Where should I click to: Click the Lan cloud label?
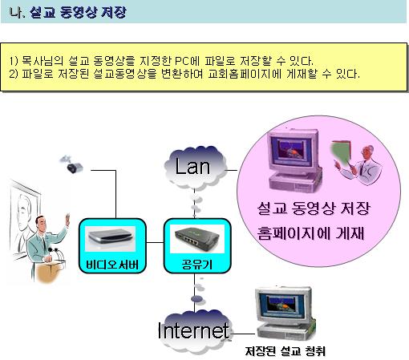[192, 167]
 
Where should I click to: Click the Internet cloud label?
[193, 330]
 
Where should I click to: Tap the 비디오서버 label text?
[112, 265]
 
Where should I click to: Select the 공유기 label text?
[197, 265]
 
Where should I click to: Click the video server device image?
[110, 237]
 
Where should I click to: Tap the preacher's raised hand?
[67, 220]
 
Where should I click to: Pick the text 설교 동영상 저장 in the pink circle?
[314, 208]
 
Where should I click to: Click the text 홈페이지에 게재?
[310, 233]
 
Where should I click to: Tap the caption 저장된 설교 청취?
[285, 351]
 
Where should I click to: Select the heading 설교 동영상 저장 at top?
[78, 12]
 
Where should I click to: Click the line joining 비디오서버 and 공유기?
[155, 243]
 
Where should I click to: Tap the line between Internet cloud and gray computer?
[243, 334]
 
